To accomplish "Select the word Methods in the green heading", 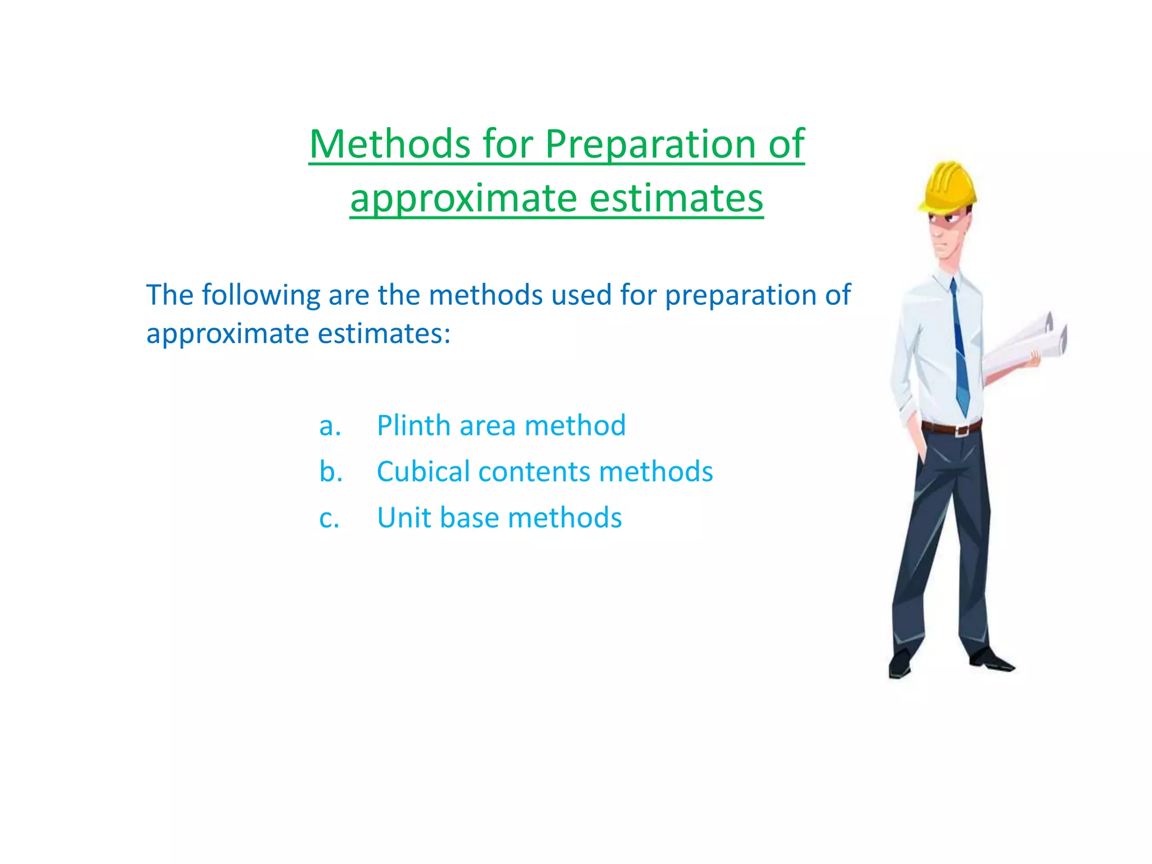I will [390, 144].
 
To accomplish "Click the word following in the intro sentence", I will [261, 296].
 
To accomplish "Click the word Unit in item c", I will [403, 517].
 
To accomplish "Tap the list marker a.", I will [330, 426].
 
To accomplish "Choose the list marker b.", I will [331, 471].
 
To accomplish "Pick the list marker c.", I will [329, 519].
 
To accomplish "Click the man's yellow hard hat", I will [948, 186].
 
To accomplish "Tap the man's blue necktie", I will [960, 349].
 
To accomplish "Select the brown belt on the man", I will [952, 427].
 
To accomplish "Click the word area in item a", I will [487, 426].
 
